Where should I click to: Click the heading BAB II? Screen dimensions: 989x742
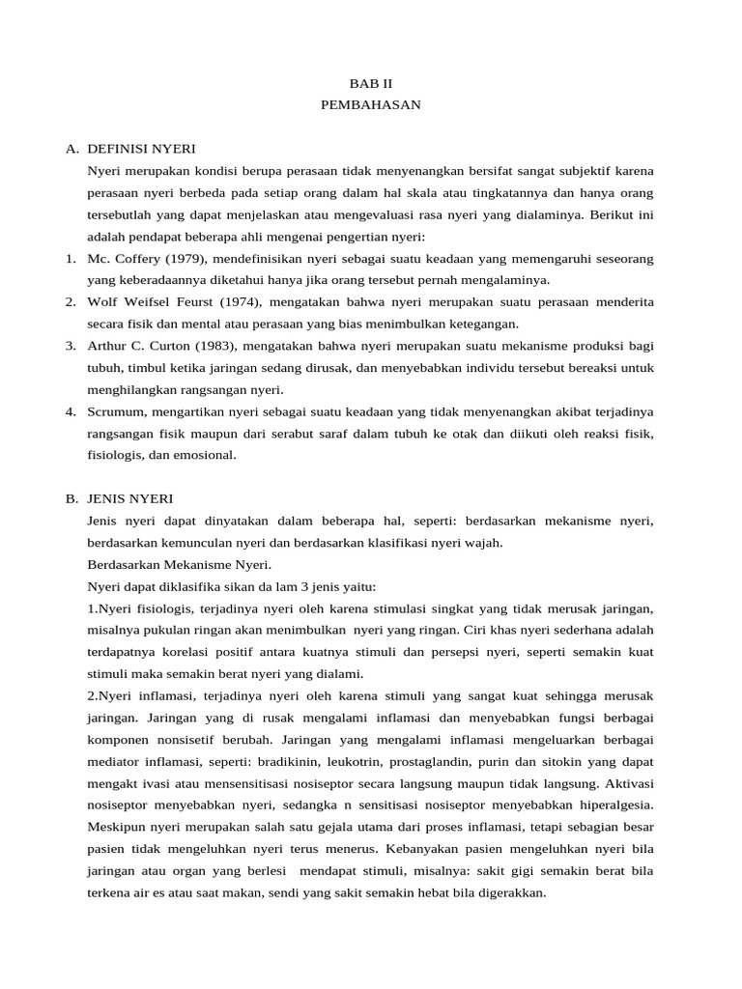371,84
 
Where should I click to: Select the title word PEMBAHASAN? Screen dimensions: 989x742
371,104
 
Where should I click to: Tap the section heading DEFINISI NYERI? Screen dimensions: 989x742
141,149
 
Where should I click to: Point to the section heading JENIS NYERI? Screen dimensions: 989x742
130,498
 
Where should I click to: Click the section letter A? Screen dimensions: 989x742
71,149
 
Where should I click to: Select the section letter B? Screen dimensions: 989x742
71,498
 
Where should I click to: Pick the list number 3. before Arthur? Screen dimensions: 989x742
71,345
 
